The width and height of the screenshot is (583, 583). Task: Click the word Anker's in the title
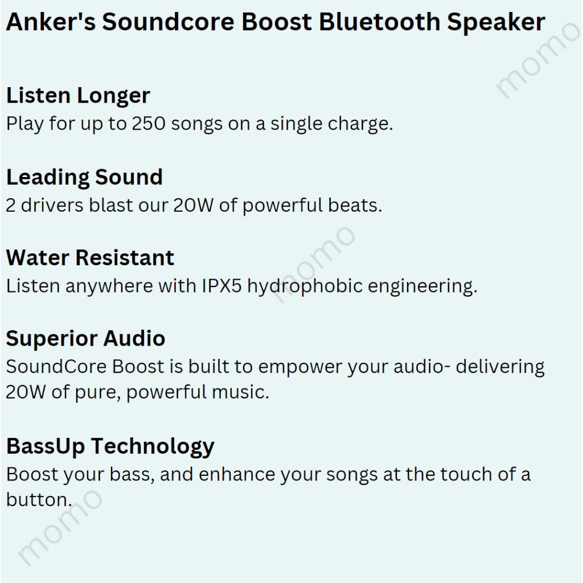click(x=51, y=22)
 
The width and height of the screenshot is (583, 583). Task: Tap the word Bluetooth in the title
click(x=379, y=22)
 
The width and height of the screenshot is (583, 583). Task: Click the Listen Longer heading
click(x=78, y=96)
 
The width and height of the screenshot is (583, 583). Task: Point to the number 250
click(x=149, y=124)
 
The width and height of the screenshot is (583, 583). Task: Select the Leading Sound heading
click(x=84, y=177)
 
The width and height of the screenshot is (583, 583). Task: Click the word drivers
click(x=52, y=205)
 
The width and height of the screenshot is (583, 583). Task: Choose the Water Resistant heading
click(x=90, y=257)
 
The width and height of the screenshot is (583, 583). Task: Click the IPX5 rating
click(x=221, y=286)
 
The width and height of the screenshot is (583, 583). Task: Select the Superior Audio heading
click(x=85, y=338)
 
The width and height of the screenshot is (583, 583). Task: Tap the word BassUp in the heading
click(x=46, y=446)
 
